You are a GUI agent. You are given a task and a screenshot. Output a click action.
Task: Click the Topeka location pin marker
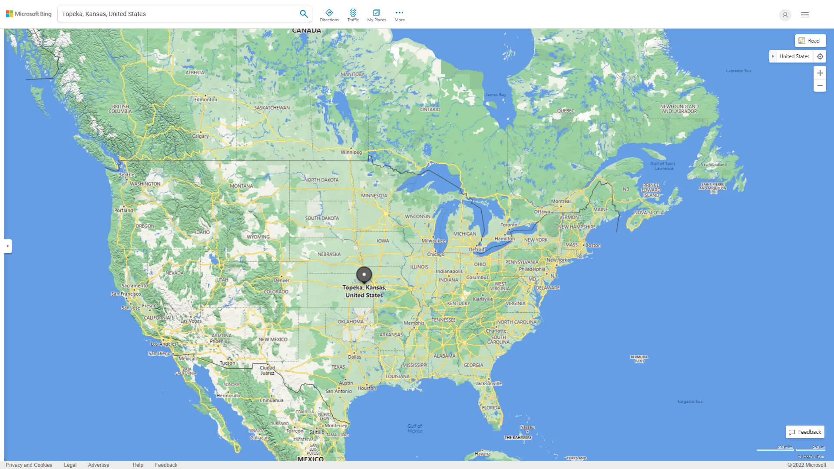pos(364,274)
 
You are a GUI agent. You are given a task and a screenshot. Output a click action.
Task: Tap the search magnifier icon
pos(304,14)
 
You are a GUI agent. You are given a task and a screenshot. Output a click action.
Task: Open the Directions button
pos(329,15)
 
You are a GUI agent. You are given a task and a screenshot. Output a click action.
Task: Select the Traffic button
pos(353,15)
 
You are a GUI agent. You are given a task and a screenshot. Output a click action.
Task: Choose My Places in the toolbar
pos(376,15)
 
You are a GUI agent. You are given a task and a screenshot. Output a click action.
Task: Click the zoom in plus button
pos(820,73)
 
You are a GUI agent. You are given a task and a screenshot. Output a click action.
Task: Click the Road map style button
pos(810,41)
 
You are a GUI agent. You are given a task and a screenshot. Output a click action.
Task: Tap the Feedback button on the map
pos(805,432)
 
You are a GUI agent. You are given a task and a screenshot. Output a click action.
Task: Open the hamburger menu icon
pos(805,15)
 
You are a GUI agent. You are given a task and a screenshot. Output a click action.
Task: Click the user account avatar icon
pos(785,15)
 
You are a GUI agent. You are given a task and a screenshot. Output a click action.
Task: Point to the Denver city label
pos(281,280)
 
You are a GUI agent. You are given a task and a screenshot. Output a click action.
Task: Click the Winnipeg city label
pos(351,152)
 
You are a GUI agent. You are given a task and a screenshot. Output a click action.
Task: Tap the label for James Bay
pos(496,95)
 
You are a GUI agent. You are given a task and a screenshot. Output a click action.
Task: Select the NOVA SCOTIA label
pos(649,213)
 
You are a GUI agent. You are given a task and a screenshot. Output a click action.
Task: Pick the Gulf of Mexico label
pos(415,428)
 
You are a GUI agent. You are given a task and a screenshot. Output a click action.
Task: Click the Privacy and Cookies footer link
pos(29,465)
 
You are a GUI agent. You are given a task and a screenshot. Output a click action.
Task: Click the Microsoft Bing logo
pos(29,14)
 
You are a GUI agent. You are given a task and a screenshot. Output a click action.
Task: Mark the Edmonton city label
pos(205,99)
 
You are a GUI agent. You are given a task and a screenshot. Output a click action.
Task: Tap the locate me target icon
pos(820,56)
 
